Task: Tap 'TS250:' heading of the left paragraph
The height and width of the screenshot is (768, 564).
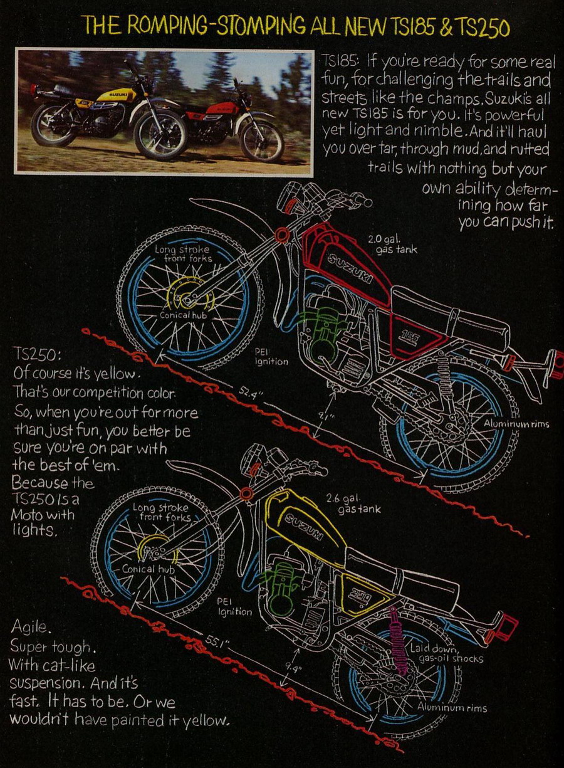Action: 38,355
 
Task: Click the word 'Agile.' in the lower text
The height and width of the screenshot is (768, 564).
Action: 29,626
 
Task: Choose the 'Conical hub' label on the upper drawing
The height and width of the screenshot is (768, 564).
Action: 184,315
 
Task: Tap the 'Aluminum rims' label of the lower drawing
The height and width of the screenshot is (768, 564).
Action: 452,708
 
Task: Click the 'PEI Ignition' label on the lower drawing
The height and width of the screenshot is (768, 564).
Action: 234,606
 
